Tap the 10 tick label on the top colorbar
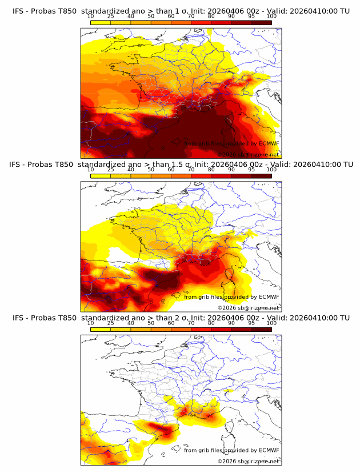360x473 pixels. (x=91, y=17)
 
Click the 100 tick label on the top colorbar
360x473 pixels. (x=271, y=17)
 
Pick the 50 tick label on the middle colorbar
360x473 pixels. (x=151, y=170)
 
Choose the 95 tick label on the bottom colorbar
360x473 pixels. (x=251, y=323)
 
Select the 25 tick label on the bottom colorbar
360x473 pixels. (x=111, y=323)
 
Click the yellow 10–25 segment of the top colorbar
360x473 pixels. (x=101, y=22)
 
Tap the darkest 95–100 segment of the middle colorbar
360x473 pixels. (x=261, y=176)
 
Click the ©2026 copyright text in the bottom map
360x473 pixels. (x=226, y=461)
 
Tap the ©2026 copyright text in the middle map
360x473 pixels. (x=226, y=308)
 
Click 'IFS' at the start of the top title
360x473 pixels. (x=19, y=10)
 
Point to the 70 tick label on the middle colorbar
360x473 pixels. (x=191, y=170)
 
